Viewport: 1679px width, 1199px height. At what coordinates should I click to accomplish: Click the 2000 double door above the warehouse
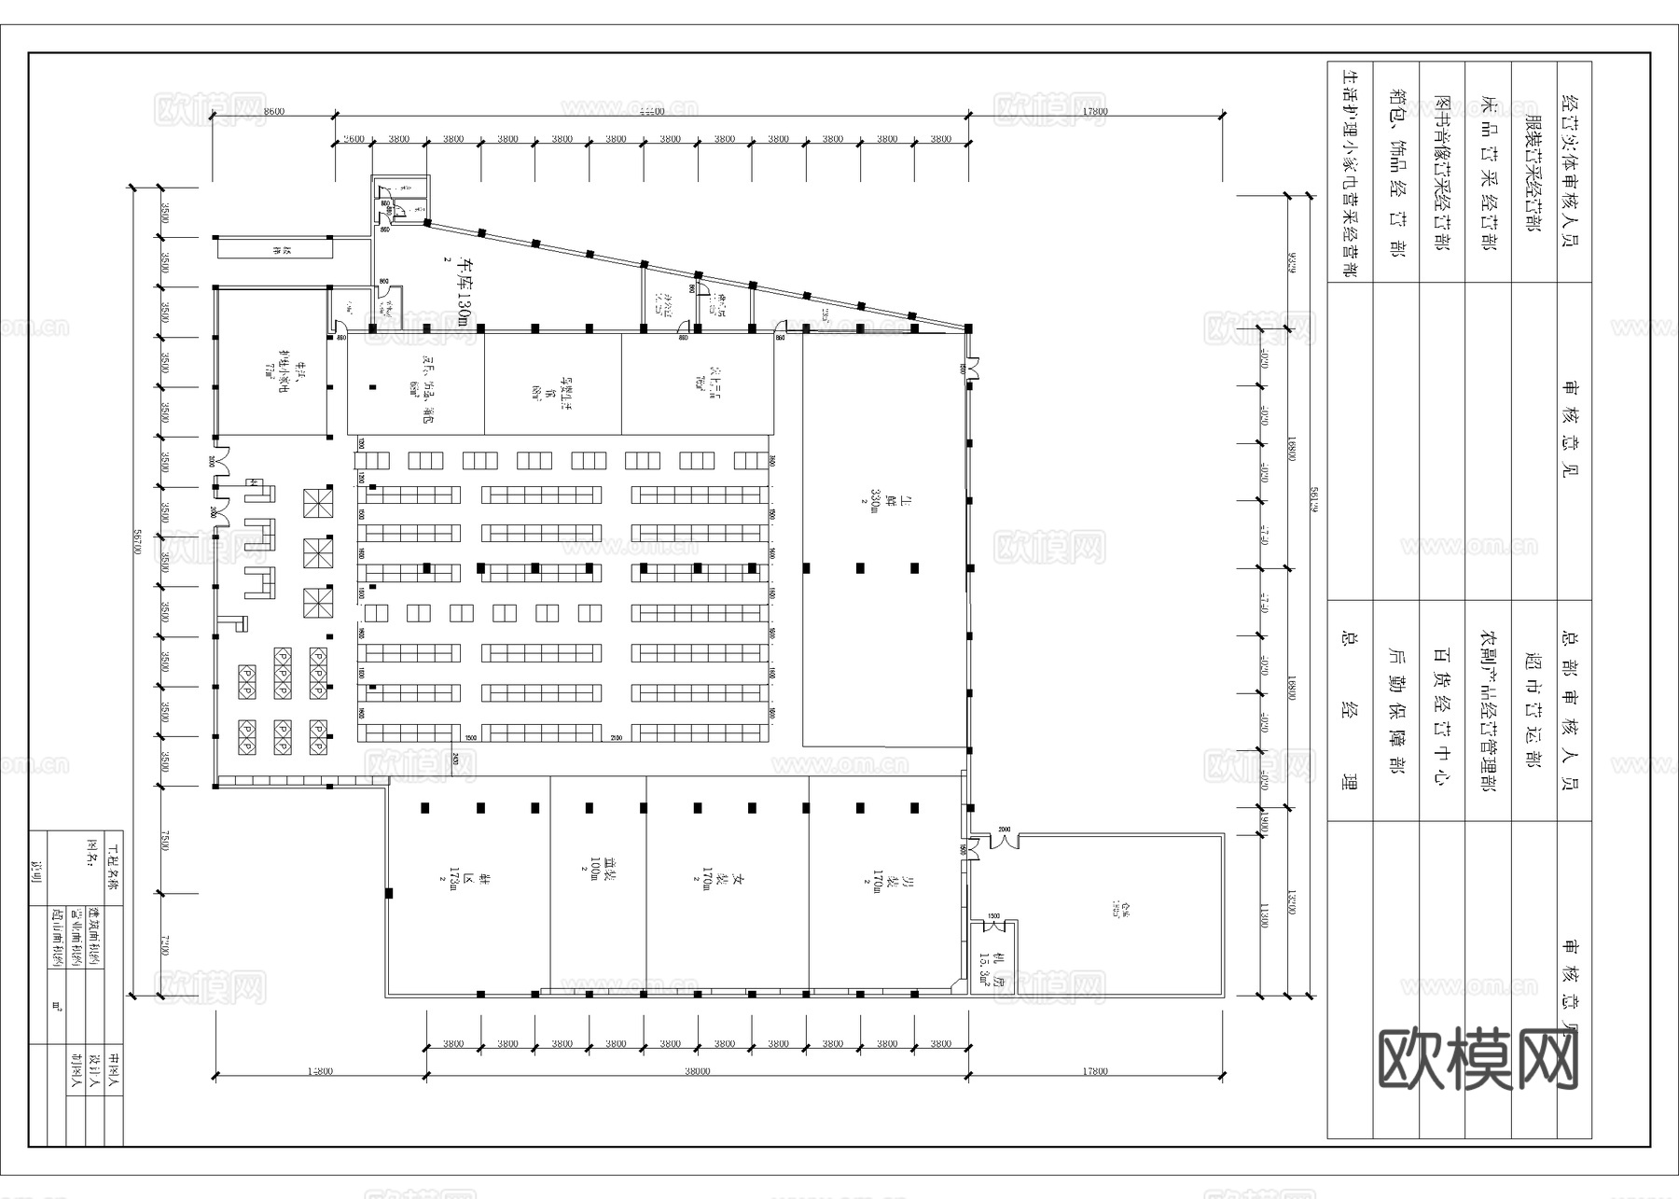click(x=1004, y=837)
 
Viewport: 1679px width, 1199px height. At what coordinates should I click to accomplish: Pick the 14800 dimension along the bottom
click(x=319, y=1071)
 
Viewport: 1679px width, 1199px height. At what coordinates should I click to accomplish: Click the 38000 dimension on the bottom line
click(x=696, y=1071)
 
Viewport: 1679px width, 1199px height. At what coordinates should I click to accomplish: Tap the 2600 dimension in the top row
click(x=354, y=139)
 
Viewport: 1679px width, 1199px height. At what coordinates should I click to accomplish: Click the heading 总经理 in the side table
click(x=1348, y=711)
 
